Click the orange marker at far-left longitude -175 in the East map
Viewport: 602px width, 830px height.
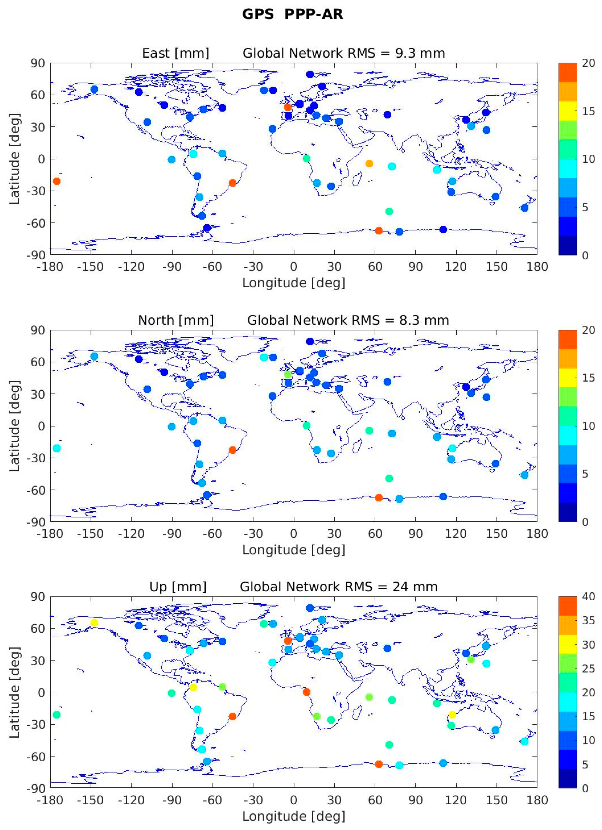pos(56,181)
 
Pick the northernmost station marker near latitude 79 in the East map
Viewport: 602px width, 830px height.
pos(310,74)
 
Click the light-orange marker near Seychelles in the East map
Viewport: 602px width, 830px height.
pos(369,164)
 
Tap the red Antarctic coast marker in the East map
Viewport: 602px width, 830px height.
pos(379,230)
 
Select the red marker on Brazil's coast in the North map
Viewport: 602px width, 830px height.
pos(232,450)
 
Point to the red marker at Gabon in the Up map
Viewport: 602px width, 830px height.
pos(307,692)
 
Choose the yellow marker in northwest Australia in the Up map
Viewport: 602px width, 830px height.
pos(452,714)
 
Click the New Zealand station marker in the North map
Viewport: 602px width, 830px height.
pos(524,475)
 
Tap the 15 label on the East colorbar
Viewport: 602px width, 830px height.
pos(588,111)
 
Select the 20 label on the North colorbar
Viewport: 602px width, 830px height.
pos(588,330)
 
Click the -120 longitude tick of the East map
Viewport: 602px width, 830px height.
pos(131,267)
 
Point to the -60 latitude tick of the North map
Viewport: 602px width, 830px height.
pos(35,490)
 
